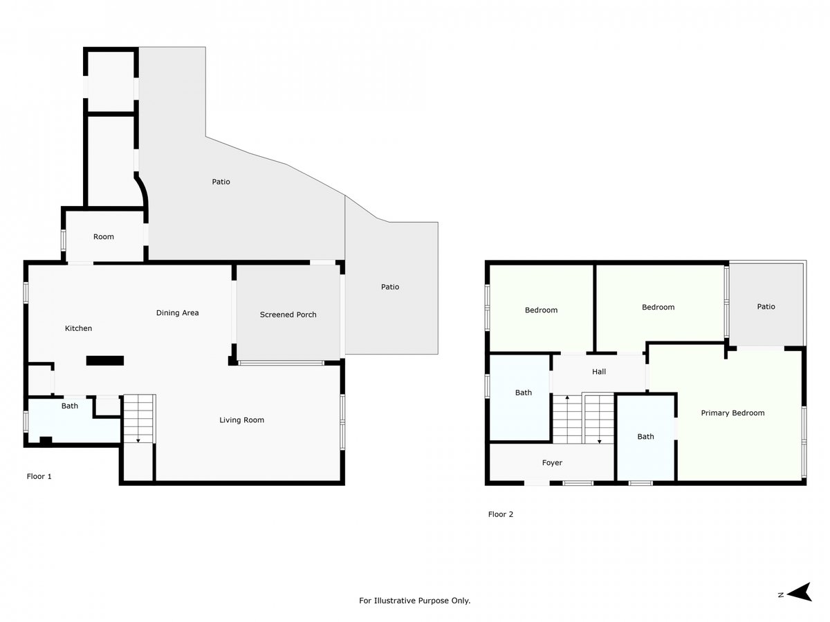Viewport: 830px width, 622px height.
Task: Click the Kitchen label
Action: [x=78, y=328]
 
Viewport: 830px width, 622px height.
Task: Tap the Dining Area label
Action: [x=177, y=312]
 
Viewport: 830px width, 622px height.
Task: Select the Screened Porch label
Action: [x=288, y=314]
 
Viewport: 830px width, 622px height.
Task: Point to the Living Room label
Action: [x=241, y=420]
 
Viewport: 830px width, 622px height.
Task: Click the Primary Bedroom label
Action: [x=732, y=413]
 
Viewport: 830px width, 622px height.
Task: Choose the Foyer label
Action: [x=552, y=462]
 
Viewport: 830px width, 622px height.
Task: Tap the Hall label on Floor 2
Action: [x=598, y=372]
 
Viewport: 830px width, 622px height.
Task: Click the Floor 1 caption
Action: [x=39, y=476]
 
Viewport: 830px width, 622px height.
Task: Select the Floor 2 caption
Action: [x=500, y=514]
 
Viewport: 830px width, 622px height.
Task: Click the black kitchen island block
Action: [x=104, y=361]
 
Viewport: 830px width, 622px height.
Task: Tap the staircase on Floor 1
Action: [x=139, y=419]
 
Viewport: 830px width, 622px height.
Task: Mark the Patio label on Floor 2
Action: [x=766, y=307]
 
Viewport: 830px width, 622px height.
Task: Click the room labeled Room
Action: [x=103, y=237]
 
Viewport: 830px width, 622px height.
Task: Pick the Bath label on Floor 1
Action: [x=70, y=406]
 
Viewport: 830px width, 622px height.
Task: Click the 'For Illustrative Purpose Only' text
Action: [x=414, y=601]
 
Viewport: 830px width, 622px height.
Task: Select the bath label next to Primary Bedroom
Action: [x=645, y=437]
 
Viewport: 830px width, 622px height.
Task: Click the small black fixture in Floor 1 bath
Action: [x=46, y=440]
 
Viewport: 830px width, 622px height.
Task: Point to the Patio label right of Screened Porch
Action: [x=390, y=287]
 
